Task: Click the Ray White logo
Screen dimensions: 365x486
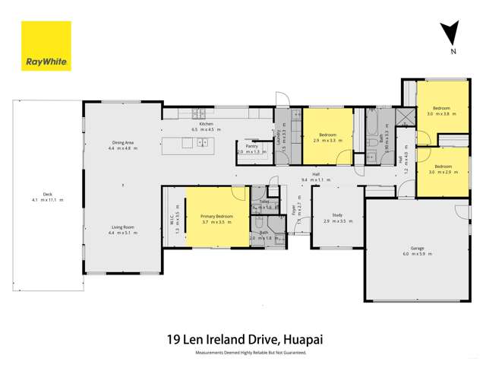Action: tap(46, 46)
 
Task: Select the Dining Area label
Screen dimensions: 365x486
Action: tap(122, 142)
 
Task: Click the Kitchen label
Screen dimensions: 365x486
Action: tap(206, 123)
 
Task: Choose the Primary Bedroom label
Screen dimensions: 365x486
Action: tap(216, 217)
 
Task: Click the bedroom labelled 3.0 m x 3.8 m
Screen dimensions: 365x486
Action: tap(442, 109)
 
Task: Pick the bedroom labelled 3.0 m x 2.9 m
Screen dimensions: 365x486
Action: tap(443, 167)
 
